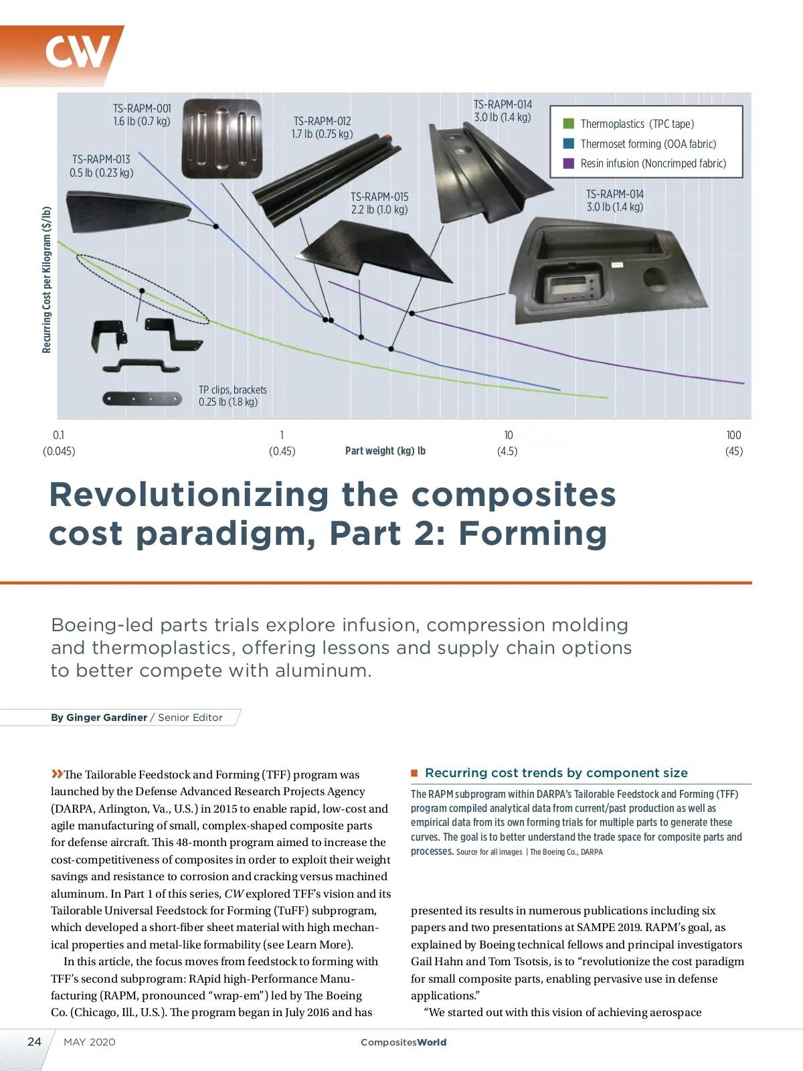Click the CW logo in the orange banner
(77, 52)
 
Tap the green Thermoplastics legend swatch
(569, 124)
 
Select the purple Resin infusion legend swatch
(569, 163)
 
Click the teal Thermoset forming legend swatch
(569, 143)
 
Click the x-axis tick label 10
(509, 435)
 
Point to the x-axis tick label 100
(734, 435)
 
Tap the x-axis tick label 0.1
(59, 435)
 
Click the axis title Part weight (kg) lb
(385, 451)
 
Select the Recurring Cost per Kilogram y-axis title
(47, 280)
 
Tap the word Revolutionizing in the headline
(189, 495)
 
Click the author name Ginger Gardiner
(106, 718)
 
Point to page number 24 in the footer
(34, 1042)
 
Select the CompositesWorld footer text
(404, 1042)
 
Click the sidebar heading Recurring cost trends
(556, 773)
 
